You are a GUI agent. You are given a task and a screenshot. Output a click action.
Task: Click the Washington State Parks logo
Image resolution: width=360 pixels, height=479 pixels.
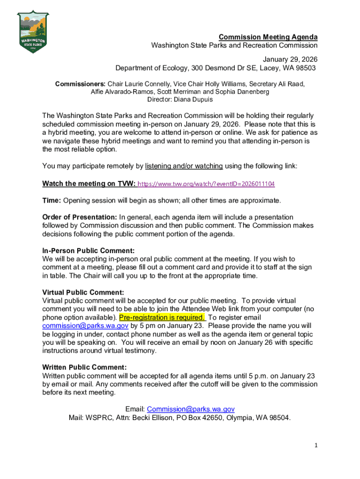(x=32, y=32)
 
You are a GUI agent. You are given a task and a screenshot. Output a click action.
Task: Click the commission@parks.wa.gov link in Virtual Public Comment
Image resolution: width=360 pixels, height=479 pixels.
(x=85, y=326)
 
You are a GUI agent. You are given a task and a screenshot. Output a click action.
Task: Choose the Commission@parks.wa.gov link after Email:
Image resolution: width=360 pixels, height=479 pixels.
(x=191, y=409)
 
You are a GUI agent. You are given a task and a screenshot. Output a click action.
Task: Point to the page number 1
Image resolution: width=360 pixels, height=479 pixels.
(x=316, y=445)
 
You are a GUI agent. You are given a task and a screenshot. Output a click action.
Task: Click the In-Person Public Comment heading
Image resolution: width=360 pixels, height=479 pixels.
(x=88, y=250)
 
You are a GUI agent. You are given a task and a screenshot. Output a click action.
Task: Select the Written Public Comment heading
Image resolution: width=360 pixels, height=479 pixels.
(x=85, y=368)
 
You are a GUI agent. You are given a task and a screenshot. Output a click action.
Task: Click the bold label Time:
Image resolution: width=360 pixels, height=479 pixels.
(x=51, y=201)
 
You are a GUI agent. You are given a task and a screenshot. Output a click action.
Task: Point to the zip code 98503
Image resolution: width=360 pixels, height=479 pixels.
(x=305, y=68)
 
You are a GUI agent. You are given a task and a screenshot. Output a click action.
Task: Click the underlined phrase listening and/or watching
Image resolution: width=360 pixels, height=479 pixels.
(x=184, y=166)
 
